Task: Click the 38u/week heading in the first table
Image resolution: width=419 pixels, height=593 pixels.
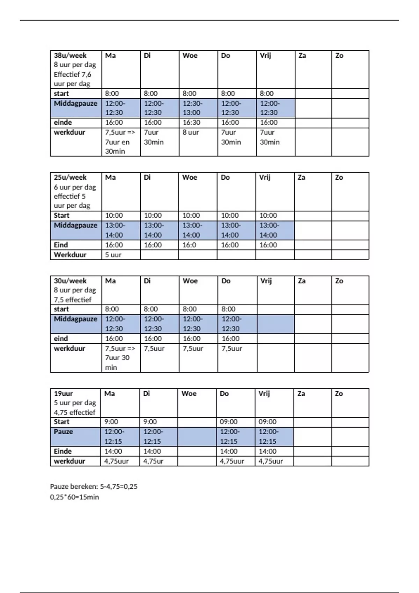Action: coord(70,55)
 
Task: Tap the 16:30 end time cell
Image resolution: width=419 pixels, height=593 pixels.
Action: coord(191,122)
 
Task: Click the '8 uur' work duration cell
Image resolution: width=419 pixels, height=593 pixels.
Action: coord(191,133)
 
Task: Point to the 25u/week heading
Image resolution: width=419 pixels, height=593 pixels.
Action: coord(70,177)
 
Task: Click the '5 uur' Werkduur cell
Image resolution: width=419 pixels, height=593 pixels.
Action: coord(113,255)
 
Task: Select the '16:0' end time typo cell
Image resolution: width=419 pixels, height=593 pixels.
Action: coord(189,245)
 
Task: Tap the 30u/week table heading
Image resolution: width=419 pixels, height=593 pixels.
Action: coord(70,281)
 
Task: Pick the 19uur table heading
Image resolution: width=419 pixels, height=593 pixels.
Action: coord(63,393)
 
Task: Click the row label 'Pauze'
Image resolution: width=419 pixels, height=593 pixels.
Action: coord(63,431)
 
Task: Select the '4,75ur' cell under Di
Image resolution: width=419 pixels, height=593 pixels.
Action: coord(153,461)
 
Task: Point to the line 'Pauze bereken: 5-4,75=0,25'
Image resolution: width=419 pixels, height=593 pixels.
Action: coord(94,486)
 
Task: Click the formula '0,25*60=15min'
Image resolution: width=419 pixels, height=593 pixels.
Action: coord(74,497)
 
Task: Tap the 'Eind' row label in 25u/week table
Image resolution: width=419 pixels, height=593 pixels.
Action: coord(61,245)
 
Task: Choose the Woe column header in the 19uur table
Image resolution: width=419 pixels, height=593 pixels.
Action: coord(189,393)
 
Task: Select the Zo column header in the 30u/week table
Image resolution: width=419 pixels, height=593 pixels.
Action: coord(339,281)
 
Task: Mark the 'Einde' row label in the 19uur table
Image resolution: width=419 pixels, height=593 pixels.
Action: coord(63,451)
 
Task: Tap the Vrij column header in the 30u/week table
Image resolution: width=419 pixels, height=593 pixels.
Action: coord(266,281)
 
